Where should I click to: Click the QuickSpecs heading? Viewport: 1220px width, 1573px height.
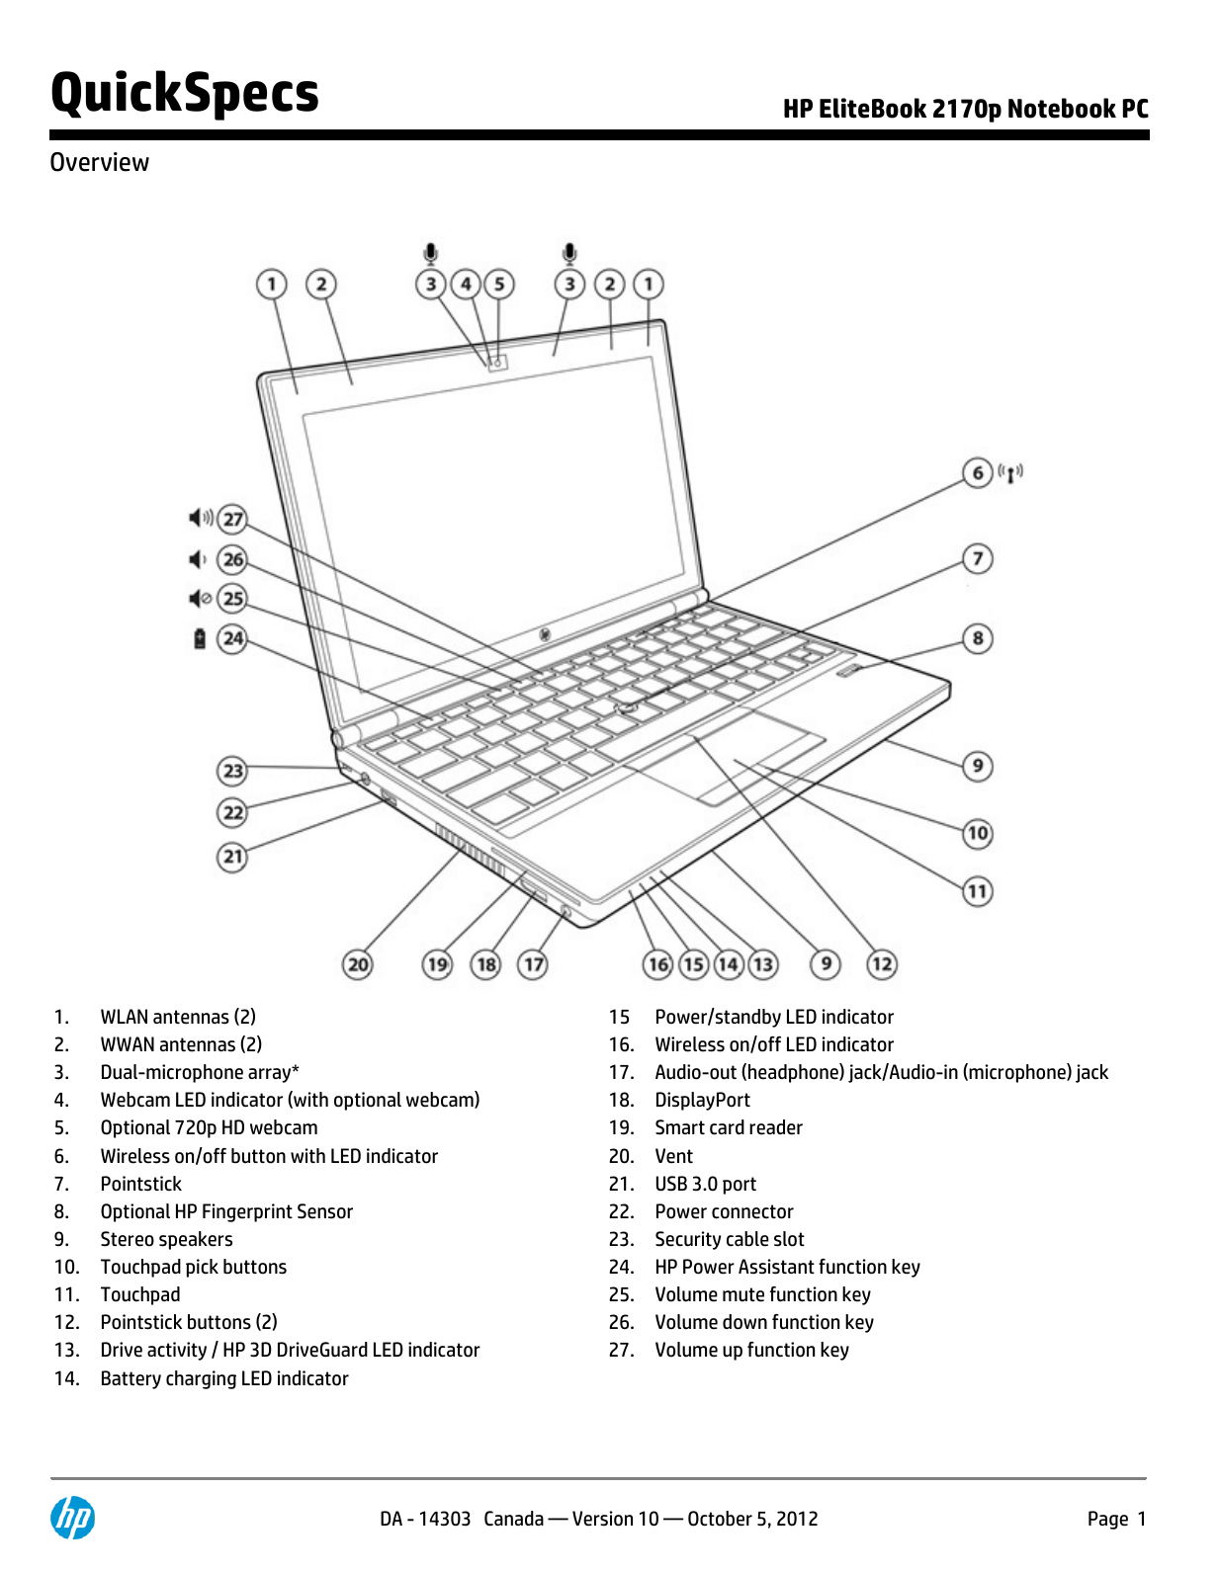(185, 94)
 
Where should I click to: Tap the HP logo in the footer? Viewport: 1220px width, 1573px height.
(73, 1518)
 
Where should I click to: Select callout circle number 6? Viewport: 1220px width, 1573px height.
(977, 473)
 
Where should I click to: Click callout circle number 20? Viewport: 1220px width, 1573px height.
(358, 963)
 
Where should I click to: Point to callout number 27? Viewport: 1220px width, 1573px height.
(232, 519)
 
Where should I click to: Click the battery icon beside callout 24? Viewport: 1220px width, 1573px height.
(200, 638)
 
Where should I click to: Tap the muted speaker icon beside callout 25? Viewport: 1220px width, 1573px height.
(200, 598)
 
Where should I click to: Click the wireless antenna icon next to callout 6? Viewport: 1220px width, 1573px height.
(1010, 473)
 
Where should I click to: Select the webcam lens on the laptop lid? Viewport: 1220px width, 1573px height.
(498, 363)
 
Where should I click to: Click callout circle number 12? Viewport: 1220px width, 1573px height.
(882, 963)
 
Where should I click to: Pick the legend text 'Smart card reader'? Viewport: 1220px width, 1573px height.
(728, 1127)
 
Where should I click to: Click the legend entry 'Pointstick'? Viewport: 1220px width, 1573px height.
(141, 1184)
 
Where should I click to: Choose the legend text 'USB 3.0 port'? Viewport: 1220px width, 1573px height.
(705, 1184)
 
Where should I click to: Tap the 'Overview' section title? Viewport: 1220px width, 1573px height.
(100, 162)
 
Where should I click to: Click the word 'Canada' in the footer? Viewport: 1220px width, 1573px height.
(513, 1519)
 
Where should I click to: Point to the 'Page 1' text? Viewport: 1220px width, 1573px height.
(1116, 1519)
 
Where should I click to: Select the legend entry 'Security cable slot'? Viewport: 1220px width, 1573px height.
(729, 1239)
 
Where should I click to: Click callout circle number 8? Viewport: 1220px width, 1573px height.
(977, 638)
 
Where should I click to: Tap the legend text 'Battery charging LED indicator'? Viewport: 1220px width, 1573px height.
(224, 1378)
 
